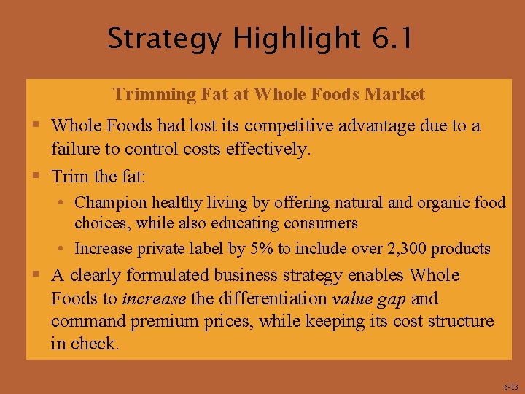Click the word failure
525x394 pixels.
click(75, 150)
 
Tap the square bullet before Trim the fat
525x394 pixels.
click(35, 176)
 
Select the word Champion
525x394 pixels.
click(108, 201)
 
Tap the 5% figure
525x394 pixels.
click(262, 248)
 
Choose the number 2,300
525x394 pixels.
click(400, 248)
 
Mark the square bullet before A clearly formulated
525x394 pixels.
click(35, 274)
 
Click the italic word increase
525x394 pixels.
click(155, 298)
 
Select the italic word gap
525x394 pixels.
click(390, 299)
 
